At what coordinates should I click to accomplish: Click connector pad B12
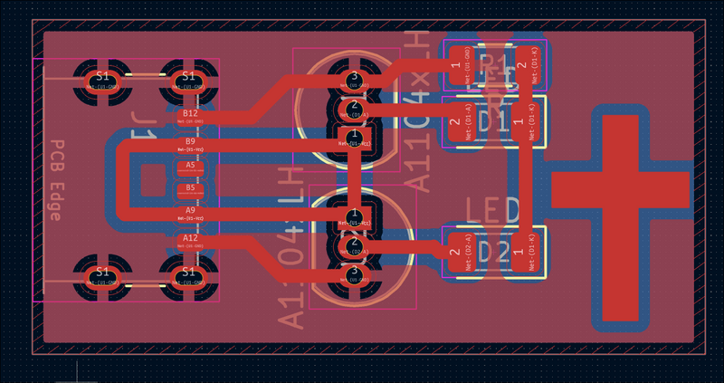point(190,117)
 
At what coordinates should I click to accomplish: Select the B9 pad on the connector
point(190,145)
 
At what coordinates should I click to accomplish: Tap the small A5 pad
point(190,168)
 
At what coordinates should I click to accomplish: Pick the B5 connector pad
point(190,190)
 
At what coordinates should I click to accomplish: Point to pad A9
point(190,214)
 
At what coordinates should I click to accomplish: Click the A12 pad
point(190,241)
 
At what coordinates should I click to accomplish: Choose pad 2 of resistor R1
point(522,65)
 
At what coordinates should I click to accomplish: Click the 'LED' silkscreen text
point(493,210)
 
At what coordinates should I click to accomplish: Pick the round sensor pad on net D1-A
point(354,110)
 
